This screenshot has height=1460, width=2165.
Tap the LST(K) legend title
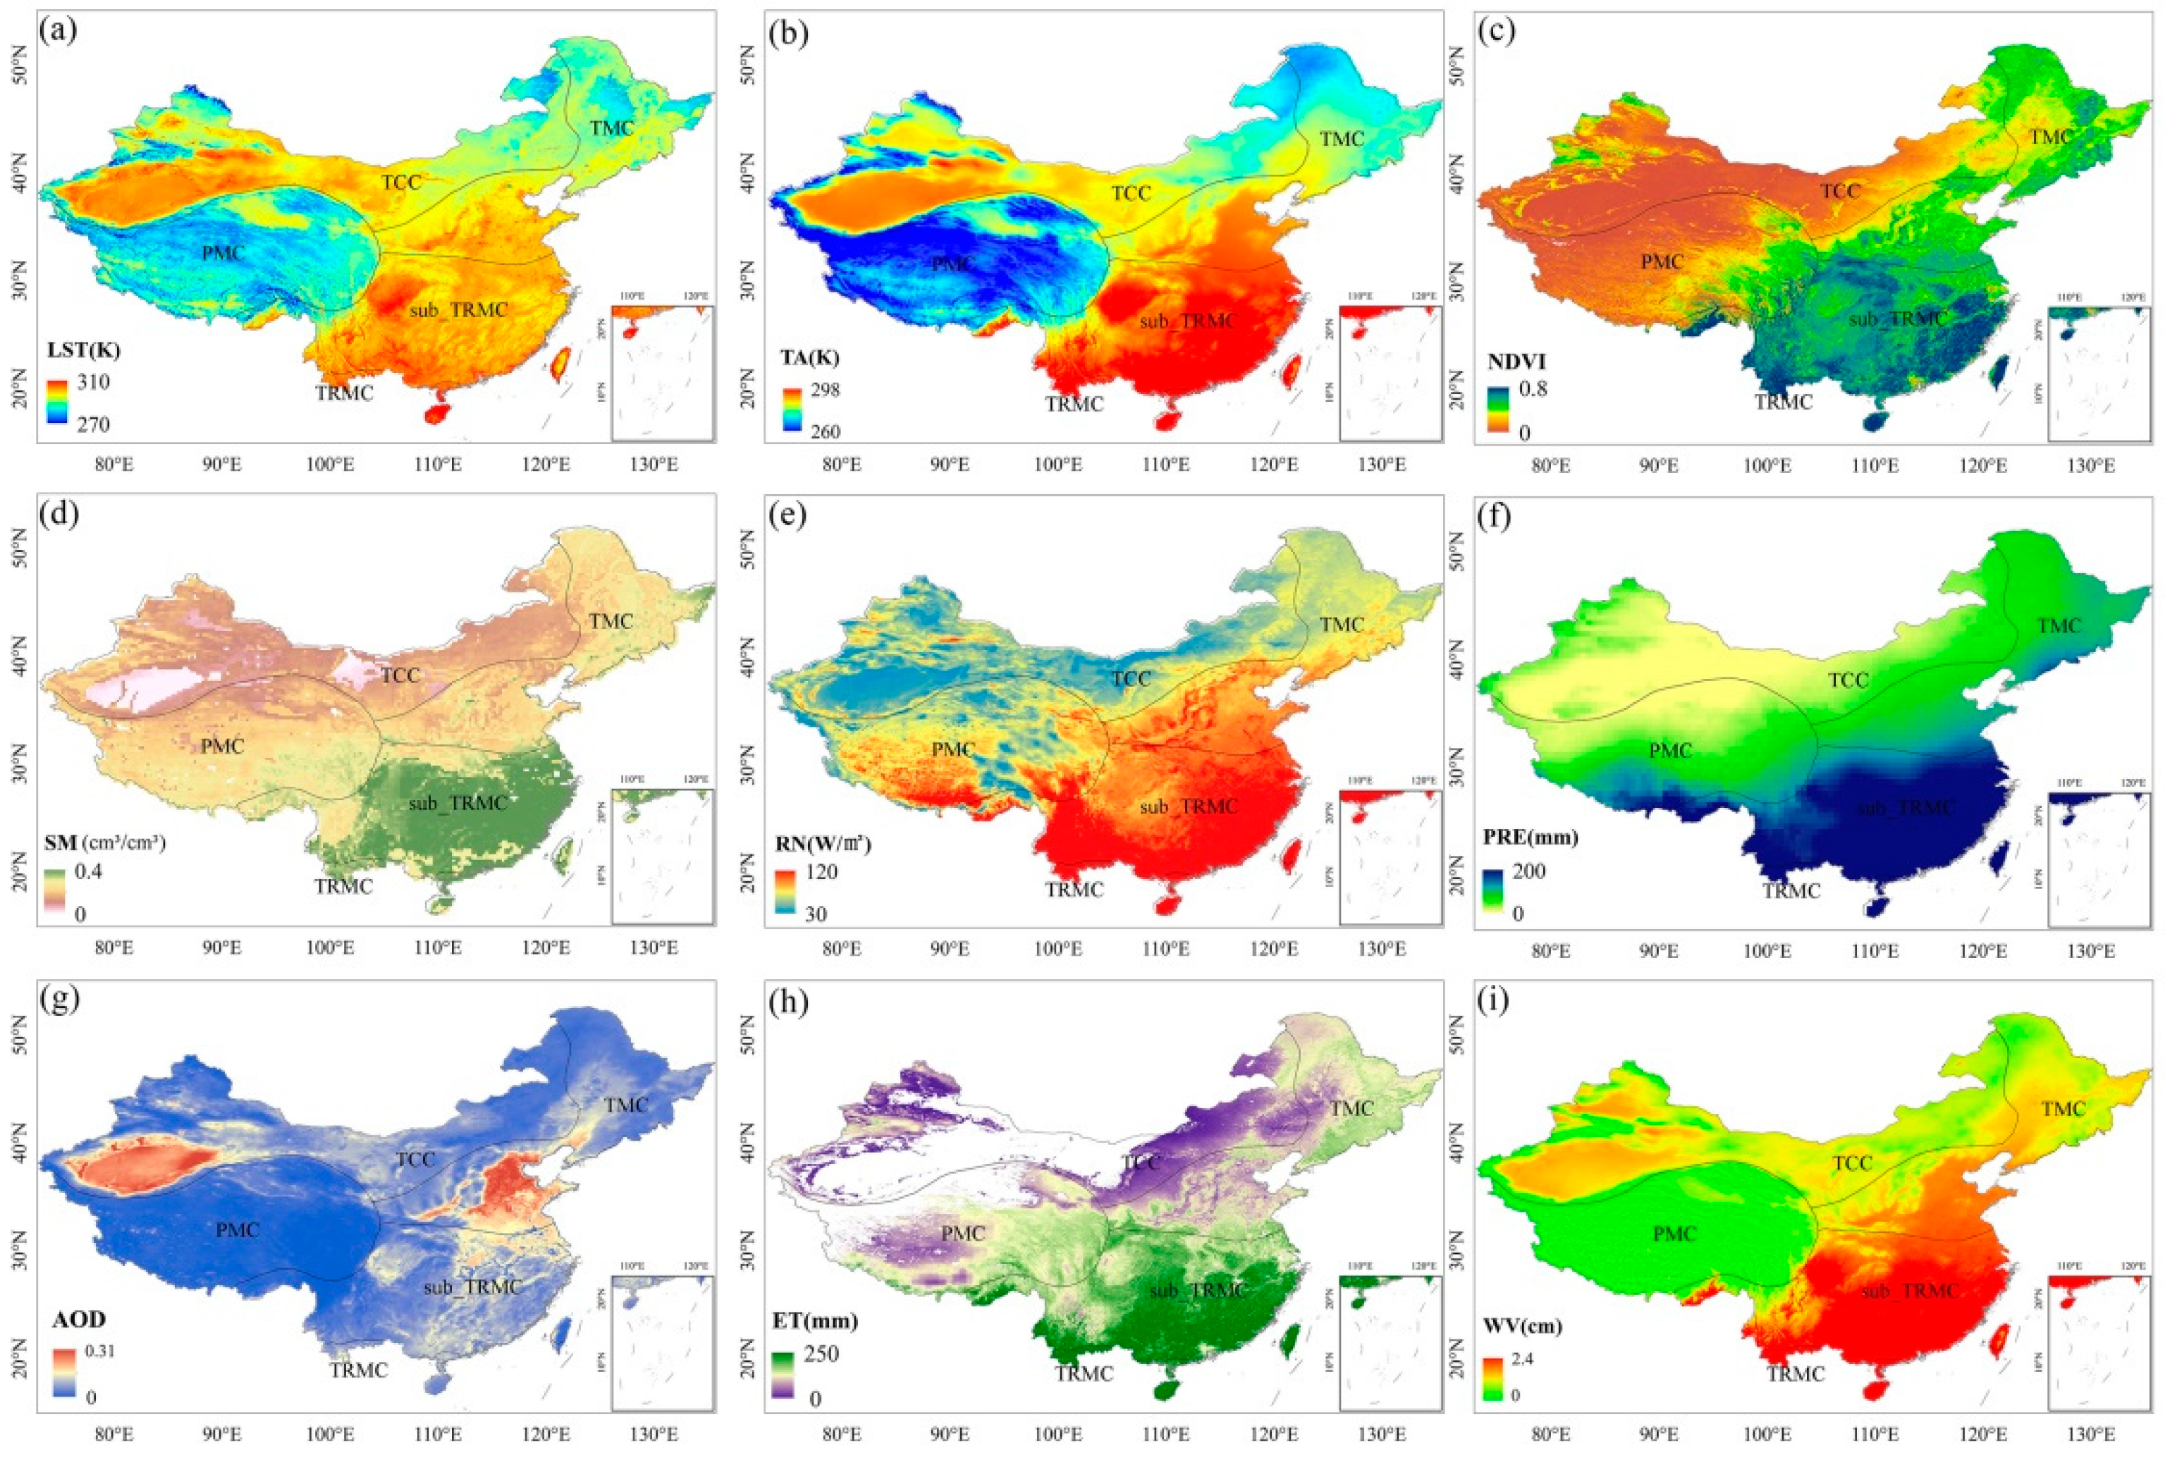(x=84, y=351)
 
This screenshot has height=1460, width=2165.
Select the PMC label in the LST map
(x=223, y=253)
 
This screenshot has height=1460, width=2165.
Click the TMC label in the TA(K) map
(x=1341, y=139)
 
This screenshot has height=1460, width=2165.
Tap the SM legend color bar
(x=55, y=893)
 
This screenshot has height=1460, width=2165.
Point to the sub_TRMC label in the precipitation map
(x=1905, y=807)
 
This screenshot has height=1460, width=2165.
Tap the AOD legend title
(x=78, y=1320)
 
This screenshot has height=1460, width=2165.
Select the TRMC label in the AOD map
(x=359, y=1370)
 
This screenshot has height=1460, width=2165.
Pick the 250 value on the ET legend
(x=822, y=1354)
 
